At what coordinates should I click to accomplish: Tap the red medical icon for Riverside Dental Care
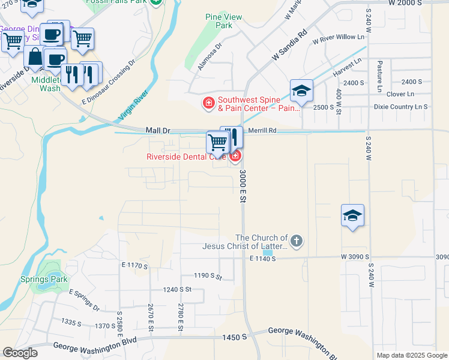(x=235, y=157)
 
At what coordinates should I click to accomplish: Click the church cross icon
(x=296, y=242)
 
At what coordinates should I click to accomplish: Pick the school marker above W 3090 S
(x=352, y=216)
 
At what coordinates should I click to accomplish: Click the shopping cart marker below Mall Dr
(x=217, y=143)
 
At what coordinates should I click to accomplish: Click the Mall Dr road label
(x=158, y=130)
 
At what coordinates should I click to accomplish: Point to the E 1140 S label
(x=262, y=258)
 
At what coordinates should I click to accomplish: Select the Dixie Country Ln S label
(x=400, y=107)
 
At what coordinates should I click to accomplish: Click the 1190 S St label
(x=208, y=277)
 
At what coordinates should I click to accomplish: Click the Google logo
(x=20, y=353)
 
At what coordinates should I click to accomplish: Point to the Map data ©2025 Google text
(x=411, y=355)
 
